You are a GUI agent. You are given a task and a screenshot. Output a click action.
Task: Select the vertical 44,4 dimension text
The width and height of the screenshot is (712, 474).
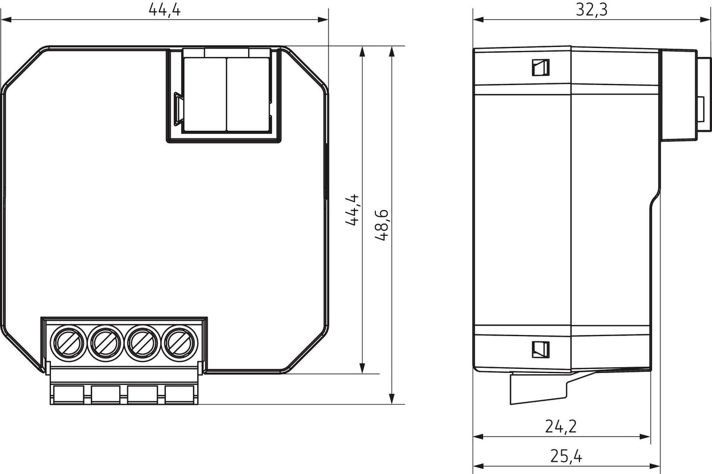coord(352,210)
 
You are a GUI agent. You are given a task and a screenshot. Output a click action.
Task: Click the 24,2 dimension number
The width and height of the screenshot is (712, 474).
coord(561,426)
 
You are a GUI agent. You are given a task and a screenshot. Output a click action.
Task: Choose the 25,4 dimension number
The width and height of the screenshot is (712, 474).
coord(566,455)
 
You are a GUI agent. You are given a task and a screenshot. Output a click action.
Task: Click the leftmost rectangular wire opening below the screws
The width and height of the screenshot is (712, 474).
coord(69,394)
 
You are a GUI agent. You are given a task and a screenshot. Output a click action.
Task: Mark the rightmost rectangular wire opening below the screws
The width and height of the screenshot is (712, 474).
coord(179,394)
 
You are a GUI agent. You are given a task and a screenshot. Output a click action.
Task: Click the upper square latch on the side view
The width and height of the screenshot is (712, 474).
coord(540,68)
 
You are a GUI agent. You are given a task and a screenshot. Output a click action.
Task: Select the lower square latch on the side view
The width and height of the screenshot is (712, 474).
coord(540,350)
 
